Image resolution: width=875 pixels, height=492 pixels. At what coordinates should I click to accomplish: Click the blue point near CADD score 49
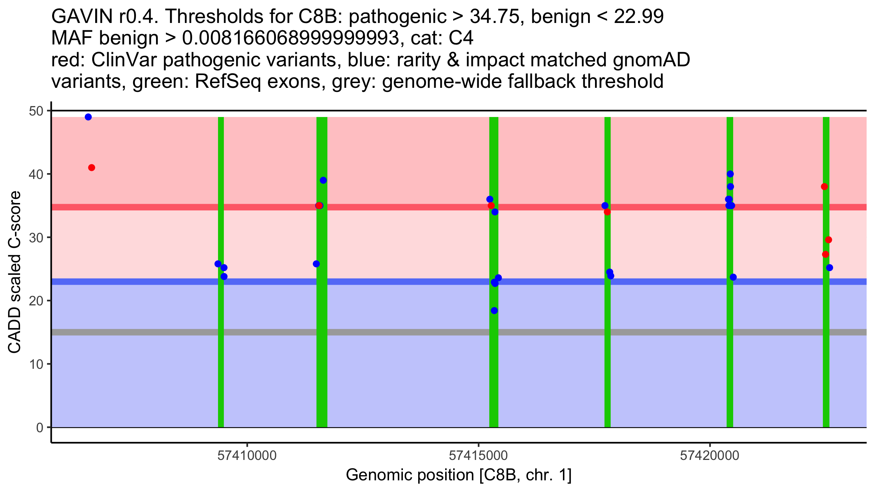click(88, 117)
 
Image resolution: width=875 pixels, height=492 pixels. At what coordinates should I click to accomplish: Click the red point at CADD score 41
click(92, 168)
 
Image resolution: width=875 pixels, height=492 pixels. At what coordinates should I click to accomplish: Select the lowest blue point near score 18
click(494, 311)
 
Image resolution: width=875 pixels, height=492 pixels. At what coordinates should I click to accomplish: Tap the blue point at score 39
click(323, 180)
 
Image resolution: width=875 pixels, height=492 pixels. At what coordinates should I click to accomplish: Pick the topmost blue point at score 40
click(730, 174)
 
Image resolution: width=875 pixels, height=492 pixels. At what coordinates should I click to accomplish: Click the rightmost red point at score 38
click(824, 187)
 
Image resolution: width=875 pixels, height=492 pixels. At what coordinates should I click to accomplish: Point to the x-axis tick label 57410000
click(247, 456)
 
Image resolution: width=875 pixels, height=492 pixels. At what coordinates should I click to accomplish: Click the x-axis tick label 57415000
click(478, 456)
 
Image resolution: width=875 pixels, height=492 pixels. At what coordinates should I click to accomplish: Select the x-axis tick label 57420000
click(709, 456)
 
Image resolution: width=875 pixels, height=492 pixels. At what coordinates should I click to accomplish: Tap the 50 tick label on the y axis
click(35, 111)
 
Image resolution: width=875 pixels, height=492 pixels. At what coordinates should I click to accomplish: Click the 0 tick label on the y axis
click(39, 427)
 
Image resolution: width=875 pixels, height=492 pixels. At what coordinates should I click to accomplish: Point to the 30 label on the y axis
click(35, 238)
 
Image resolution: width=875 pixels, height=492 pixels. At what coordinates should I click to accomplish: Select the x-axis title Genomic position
click(458, 475)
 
